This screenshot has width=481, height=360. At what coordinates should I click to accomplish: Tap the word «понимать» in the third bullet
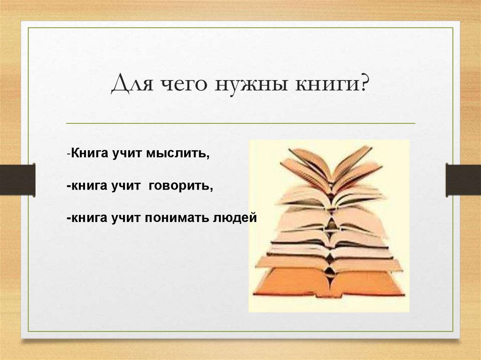point(176,218)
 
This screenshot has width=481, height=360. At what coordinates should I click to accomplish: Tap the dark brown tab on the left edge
point(17,179)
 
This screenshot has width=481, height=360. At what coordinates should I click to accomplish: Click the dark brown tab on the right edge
point(463,179)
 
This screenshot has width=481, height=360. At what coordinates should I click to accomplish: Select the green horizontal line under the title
point(240,123)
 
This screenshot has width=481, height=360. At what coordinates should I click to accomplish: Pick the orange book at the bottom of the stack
point(329,283)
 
